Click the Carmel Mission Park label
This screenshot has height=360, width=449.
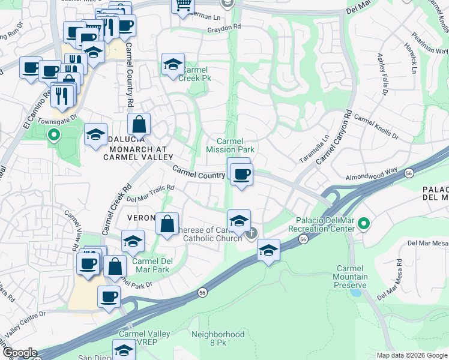(231, 145)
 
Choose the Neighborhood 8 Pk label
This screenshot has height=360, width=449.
(218, 338)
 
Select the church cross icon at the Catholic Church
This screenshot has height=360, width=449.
(253, 232)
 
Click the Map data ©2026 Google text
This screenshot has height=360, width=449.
(411, 355)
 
